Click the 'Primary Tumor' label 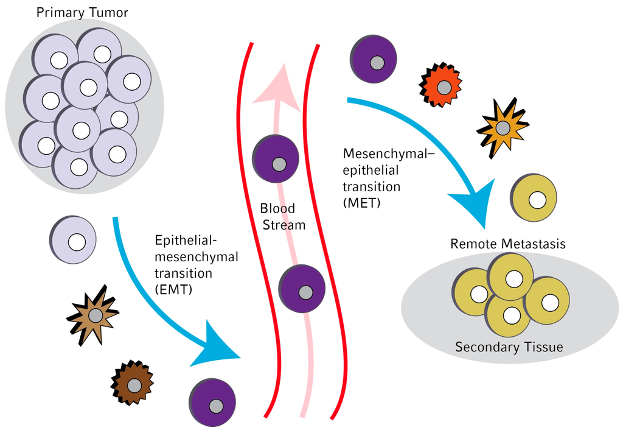(82, 13)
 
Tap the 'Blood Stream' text (280, 216)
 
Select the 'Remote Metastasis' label (508, 244)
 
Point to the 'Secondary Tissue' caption (509, 348)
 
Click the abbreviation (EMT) (174, 290)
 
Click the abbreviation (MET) (361, 203)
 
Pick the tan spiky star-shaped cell (94, 315)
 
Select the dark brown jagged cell (133, 384)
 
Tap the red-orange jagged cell (442, 86)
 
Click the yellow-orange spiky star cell (502, 127)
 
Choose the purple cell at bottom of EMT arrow (214, 403)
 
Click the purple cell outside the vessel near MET (374, 60)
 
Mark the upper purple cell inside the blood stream (277, 160)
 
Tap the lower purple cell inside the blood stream (303, 289)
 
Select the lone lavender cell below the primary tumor (74, 240)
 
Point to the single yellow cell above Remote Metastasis (535, 198)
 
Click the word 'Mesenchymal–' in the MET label (389, 153)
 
